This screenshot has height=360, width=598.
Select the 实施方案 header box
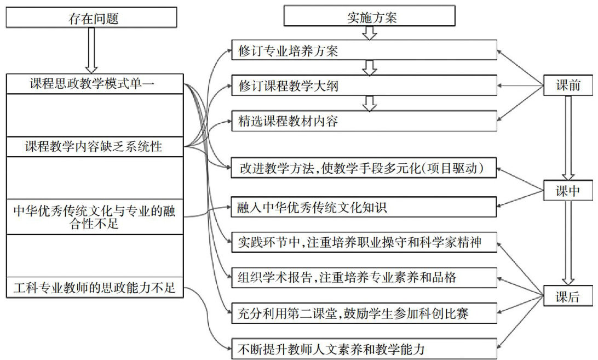coord(370,16)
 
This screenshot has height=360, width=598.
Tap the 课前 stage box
coord(568,85)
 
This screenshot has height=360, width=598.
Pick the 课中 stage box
coord(568,190)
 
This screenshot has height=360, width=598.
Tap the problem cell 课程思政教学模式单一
coord(94,84)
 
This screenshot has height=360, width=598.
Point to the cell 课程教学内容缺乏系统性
coord(94,147)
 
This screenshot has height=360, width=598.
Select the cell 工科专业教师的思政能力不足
coord(94,287)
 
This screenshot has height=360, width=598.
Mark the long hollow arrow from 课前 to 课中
coord(568,137)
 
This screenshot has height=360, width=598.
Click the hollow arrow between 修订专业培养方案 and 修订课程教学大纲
coord(370,68)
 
